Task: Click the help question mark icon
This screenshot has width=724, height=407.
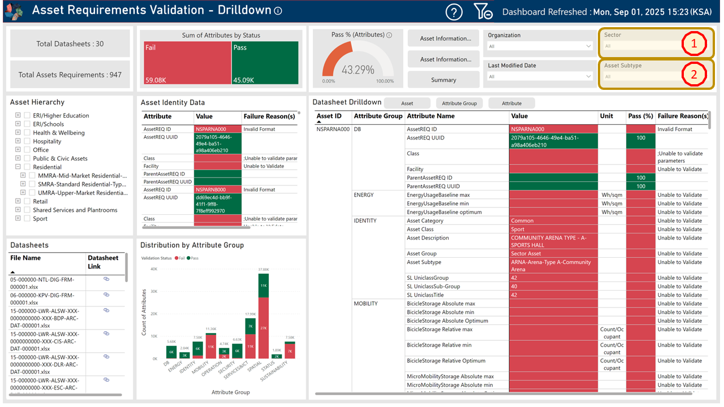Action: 454,12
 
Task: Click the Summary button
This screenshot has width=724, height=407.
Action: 443,80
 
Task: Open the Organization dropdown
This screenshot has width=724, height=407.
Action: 540,46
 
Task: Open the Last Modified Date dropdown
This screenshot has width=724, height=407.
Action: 540,76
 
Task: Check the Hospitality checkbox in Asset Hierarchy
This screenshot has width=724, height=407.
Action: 27,141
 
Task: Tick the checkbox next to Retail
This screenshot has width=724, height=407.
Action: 27,201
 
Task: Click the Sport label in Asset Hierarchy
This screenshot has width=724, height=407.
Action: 40,219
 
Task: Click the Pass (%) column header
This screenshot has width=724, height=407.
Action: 640,116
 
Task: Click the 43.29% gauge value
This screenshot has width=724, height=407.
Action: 357,70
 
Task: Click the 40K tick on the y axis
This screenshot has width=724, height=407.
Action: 153,269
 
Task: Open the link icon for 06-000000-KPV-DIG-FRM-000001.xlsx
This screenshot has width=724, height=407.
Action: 106,295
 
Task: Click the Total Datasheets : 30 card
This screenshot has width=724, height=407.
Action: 70,44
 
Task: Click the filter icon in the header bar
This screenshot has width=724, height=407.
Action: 482,12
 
